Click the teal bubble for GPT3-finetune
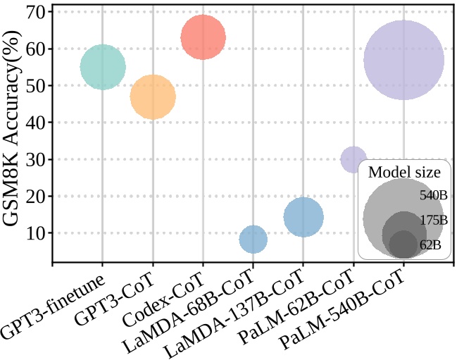[103, 67]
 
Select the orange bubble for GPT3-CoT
[153, 97]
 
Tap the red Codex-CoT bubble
[203, 37]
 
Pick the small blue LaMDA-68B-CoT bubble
[253, 239]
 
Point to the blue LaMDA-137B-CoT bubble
[303, 217]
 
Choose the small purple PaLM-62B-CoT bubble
[353, 159]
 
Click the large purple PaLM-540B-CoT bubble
[403, 60]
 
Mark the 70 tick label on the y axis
[35, 12]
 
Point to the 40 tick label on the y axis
[35, 123]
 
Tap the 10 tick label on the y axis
[35, 233]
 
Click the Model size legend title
[405, 172]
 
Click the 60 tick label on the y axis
[35, 49]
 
